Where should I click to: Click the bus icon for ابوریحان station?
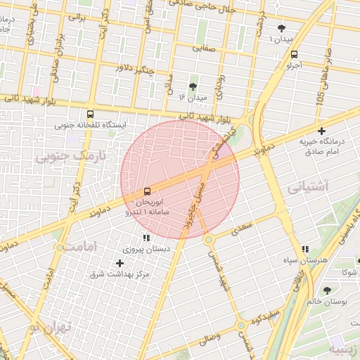click(x=147, y=191)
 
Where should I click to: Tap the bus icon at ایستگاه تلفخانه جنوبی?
click(x=90, y=114)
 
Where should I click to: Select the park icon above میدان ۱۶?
click(x=193, y=86)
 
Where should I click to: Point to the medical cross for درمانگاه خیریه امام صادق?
click(x=322, y=131)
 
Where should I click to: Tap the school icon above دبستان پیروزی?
click(x=146, y=238)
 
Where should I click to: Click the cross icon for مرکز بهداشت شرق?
click(x=120, y=263)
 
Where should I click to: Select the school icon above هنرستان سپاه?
click(x=304, y=249)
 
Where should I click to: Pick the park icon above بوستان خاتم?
click(x=327, y=290)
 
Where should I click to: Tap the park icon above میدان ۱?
click(x=281, y=28)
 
